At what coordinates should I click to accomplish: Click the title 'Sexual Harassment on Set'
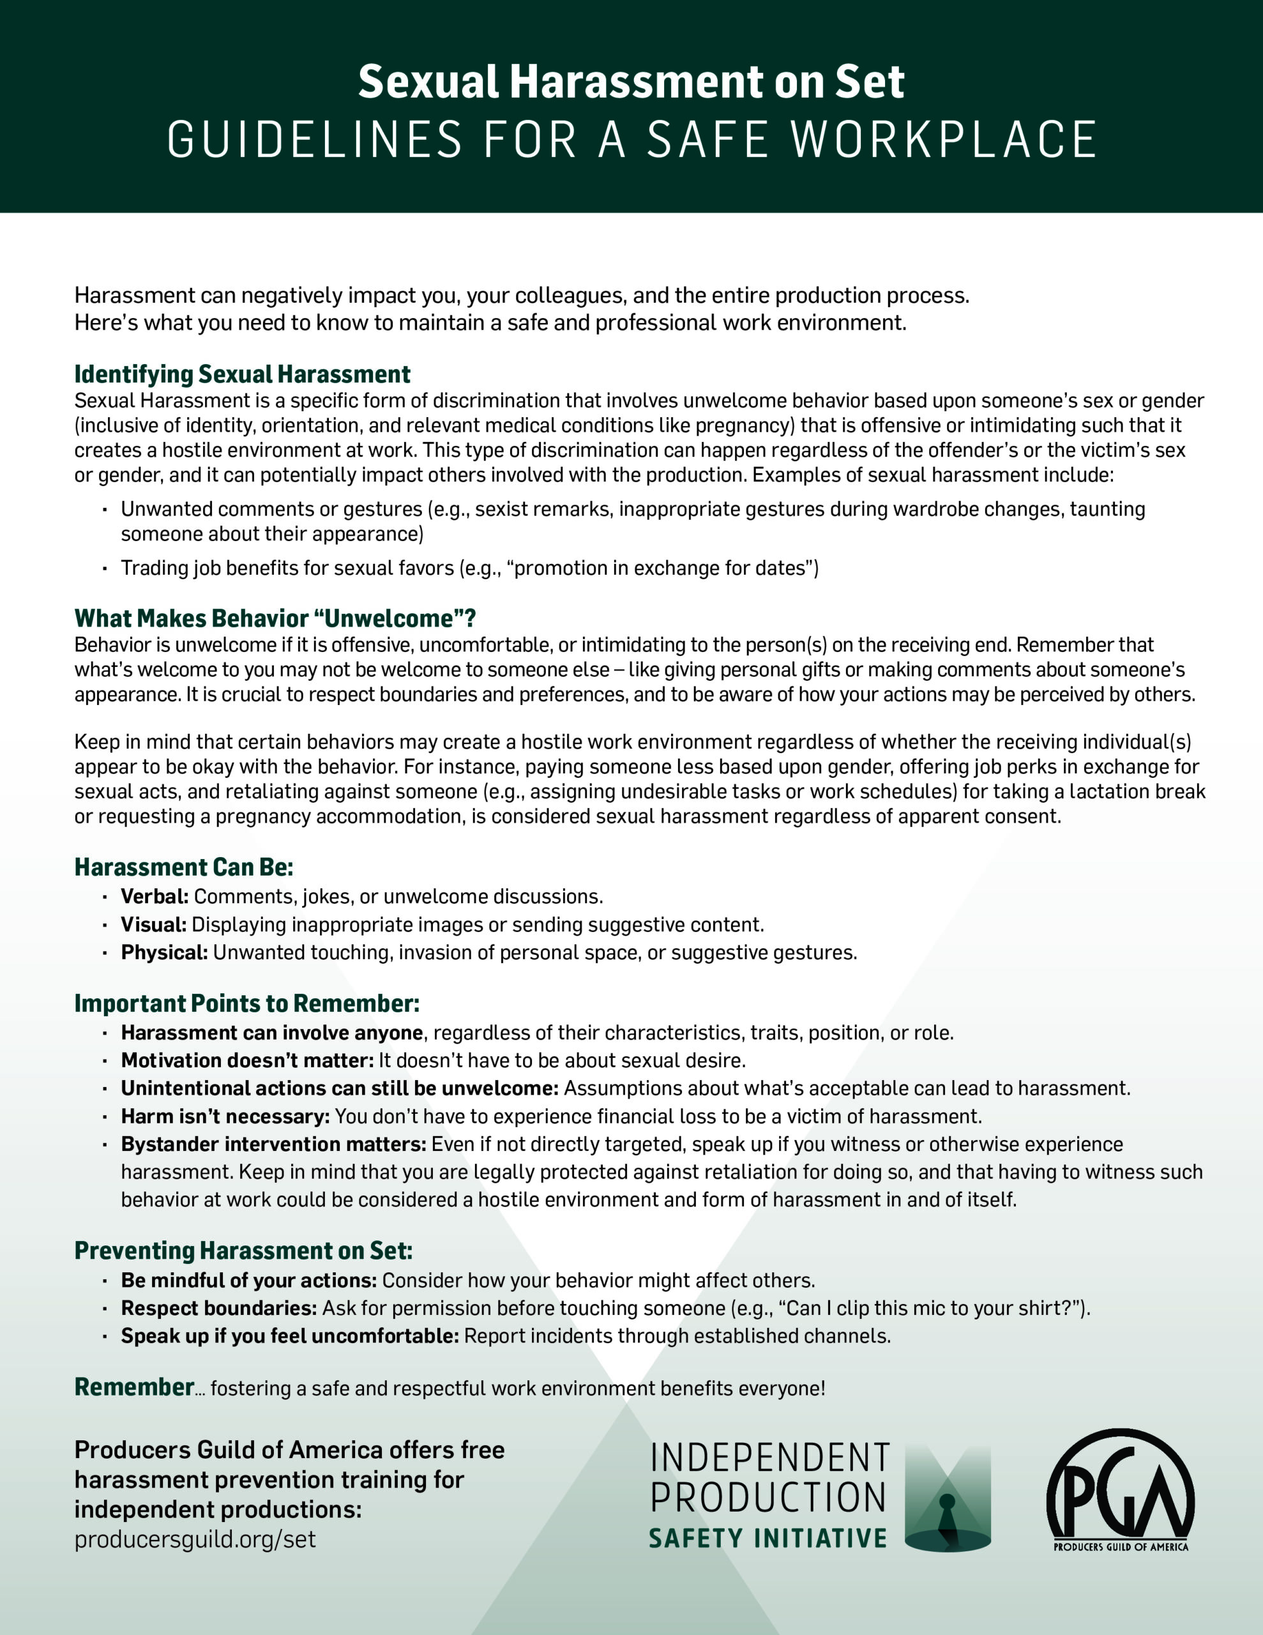[x=631, y=82]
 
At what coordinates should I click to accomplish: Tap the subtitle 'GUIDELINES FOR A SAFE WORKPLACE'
[x=631, y=140]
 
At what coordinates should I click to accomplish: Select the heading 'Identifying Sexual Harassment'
[x=242, y=374]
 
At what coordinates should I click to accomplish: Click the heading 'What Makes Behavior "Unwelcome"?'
[x=275, y=618]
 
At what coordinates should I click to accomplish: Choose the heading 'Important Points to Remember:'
[x=246, y=1003]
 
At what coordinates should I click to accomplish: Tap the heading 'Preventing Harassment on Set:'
[x=243, y=1251]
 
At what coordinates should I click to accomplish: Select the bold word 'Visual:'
[x=153, y=925]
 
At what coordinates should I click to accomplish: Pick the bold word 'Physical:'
[x=164, y=952]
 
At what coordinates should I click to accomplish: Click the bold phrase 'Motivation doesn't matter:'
[x=247, y=1061]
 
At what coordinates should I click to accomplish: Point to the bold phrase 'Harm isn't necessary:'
[x=225, y=1116]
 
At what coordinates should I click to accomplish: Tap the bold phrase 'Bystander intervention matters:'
[x=273, y=1144]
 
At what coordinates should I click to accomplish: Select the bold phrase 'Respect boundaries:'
[x=218, y=1308]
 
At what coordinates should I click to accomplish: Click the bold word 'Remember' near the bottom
[x=134, y=1387]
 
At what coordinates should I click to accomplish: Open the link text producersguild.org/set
[x=195, y=1539]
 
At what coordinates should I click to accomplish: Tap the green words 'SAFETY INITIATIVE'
[x=768, y=1539]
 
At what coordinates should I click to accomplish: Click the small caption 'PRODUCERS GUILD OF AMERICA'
[x=1120, y=1547]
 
